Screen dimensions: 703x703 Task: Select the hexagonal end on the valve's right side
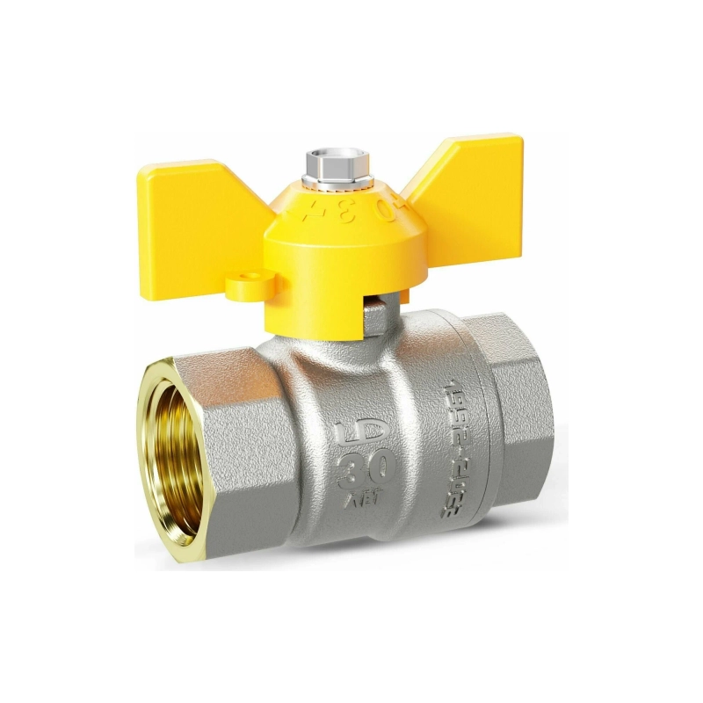[518, 422]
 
